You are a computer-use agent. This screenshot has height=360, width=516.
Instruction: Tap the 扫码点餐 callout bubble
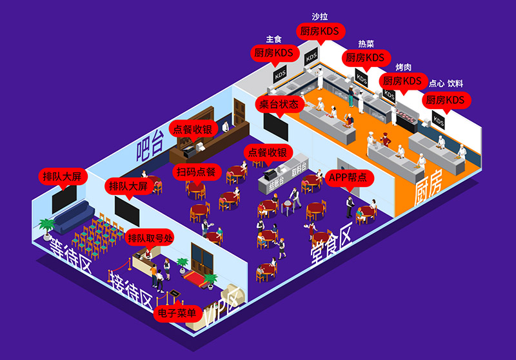(x=199, y=172)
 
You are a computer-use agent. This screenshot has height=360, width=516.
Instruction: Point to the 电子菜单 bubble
(x=176, y=314)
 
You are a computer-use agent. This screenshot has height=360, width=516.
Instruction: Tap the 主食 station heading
(x=273, y=39)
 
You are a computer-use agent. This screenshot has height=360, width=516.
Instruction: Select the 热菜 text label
(x=366, y=44)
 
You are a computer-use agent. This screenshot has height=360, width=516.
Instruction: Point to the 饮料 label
(x=455, y=84)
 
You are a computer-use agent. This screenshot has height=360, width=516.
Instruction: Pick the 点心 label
(x=436, y=84)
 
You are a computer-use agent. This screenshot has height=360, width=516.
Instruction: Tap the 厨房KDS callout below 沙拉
(x=321, y=31)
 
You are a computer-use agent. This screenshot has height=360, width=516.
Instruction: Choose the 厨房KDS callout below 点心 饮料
(x=445, y=101)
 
